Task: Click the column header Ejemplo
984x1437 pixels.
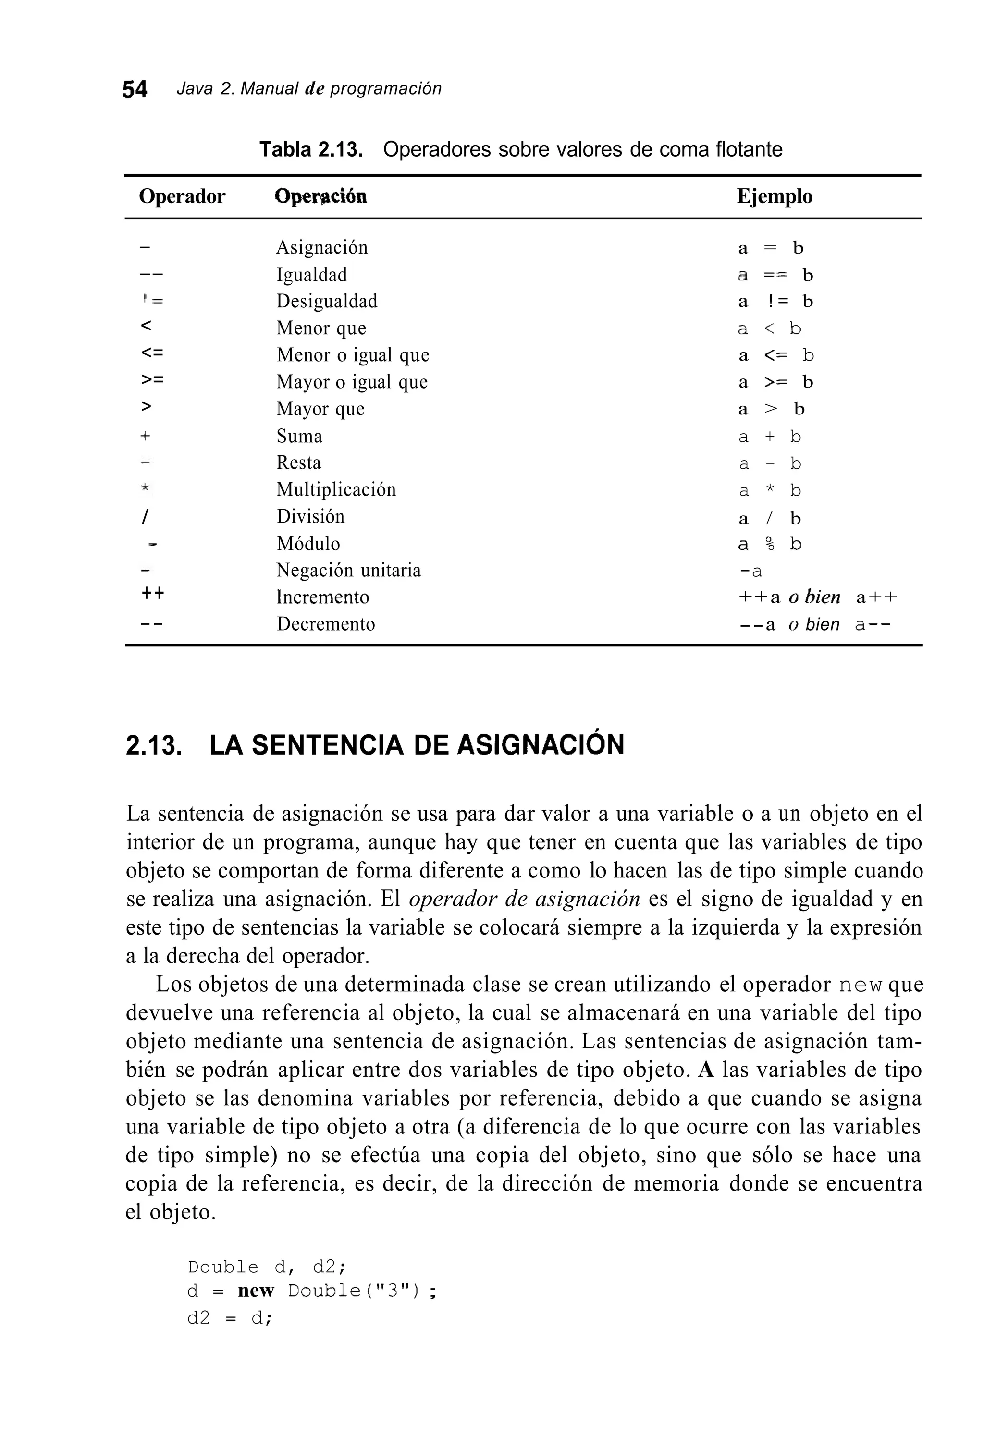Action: click(x=775, y=196)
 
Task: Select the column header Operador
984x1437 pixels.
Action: click(x=182, y=196)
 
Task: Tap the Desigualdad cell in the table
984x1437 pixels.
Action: click(x=327, y=301)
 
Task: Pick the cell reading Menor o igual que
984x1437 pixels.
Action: click(x=353, y=355)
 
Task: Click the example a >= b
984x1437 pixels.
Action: click(x=775, y=382)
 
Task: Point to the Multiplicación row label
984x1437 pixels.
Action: click(x=336, y=490)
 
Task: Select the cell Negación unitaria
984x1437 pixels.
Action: click(x=348, y=570)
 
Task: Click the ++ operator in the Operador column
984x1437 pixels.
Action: click(x=153, y=594)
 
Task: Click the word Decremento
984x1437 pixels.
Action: click(x=325, y=624)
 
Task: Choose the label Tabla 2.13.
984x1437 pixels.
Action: click(x=310, y=150)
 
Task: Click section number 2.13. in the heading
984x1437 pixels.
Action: click(x=154, y=745)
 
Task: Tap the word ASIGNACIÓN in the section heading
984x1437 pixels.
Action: click(x=541, y=744)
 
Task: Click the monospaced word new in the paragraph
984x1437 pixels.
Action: click(x=860, y=985)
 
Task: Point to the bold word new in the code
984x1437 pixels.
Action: click(x=256, y=1291)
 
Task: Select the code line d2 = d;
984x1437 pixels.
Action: click(x=230, y=1318)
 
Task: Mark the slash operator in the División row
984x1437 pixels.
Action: click(x=145, y=517)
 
